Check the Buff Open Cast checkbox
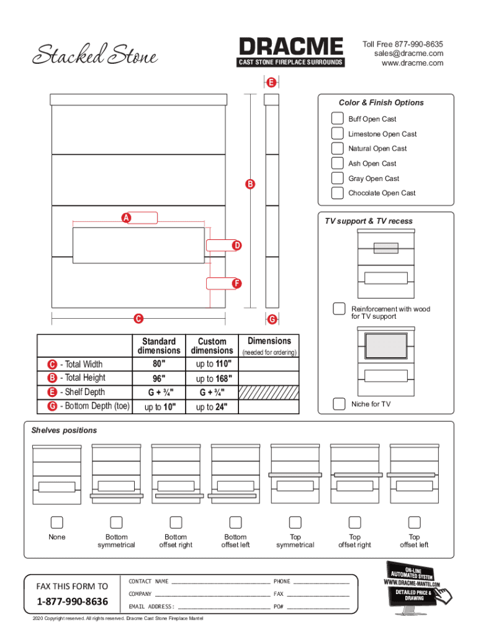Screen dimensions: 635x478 tap(337, 118)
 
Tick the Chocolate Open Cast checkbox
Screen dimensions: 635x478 tap(337, 193)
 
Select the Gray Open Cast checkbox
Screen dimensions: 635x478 tap(337, 178)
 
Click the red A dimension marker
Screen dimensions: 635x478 tap(126, 218)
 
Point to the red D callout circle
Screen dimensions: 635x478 tap(237, 246)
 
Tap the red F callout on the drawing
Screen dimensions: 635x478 tap(237, 283)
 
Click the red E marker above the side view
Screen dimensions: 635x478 tap(271, 82)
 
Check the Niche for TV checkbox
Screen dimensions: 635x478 tap(339, 404)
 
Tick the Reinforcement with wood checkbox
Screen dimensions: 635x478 tap(340, 308)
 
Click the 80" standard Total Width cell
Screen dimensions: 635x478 tap(159, 364)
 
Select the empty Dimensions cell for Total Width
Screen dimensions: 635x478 tap(269, 364)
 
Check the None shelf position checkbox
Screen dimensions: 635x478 tap(56, 522)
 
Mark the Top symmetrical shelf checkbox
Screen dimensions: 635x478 tap(295, 522)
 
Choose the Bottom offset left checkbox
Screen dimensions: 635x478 tap(235, 522)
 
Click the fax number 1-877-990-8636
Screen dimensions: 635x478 tap(72, 602)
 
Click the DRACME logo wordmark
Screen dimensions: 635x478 tap(291, 47)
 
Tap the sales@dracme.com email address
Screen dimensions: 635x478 tap(408, 53)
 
